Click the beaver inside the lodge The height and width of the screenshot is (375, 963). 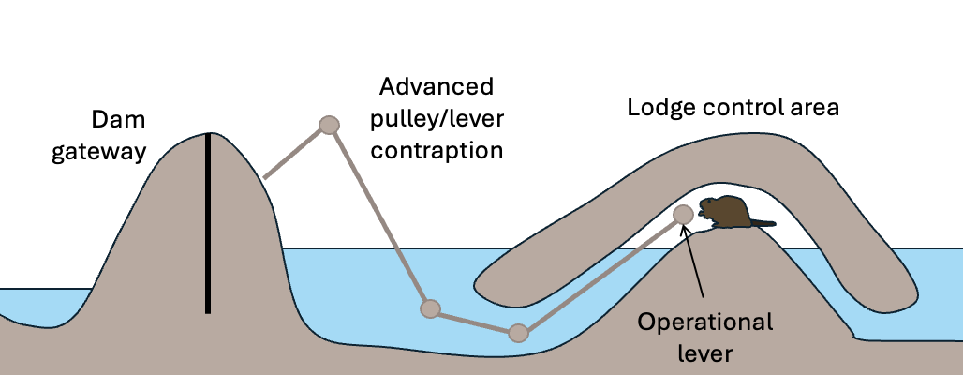726,213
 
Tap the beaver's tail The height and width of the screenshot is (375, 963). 763,223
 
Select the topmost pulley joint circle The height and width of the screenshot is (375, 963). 329,125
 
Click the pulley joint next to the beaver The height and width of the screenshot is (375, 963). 684,214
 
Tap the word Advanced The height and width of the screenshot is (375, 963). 436,88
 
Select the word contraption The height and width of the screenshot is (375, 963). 436,150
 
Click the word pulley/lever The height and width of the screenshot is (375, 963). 436,119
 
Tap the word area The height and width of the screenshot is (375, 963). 815,107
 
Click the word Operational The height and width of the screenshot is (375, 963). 705,322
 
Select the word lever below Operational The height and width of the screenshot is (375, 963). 705,353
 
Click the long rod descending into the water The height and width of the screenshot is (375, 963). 379,217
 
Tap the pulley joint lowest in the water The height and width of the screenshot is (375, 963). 518,333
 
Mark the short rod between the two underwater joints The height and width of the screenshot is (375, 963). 474,321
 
